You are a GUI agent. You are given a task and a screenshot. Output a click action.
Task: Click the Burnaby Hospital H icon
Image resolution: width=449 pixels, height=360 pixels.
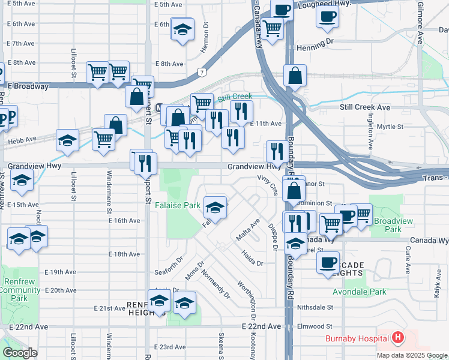397,338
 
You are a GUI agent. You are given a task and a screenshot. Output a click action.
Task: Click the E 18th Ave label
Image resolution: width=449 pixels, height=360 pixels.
124,254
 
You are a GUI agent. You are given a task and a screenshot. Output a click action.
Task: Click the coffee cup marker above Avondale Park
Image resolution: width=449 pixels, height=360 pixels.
328,262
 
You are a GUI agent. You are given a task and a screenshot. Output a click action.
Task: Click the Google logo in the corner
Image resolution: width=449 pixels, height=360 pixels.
20,353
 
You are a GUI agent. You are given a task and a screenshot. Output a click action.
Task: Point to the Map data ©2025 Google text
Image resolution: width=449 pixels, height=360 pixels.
412,355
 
